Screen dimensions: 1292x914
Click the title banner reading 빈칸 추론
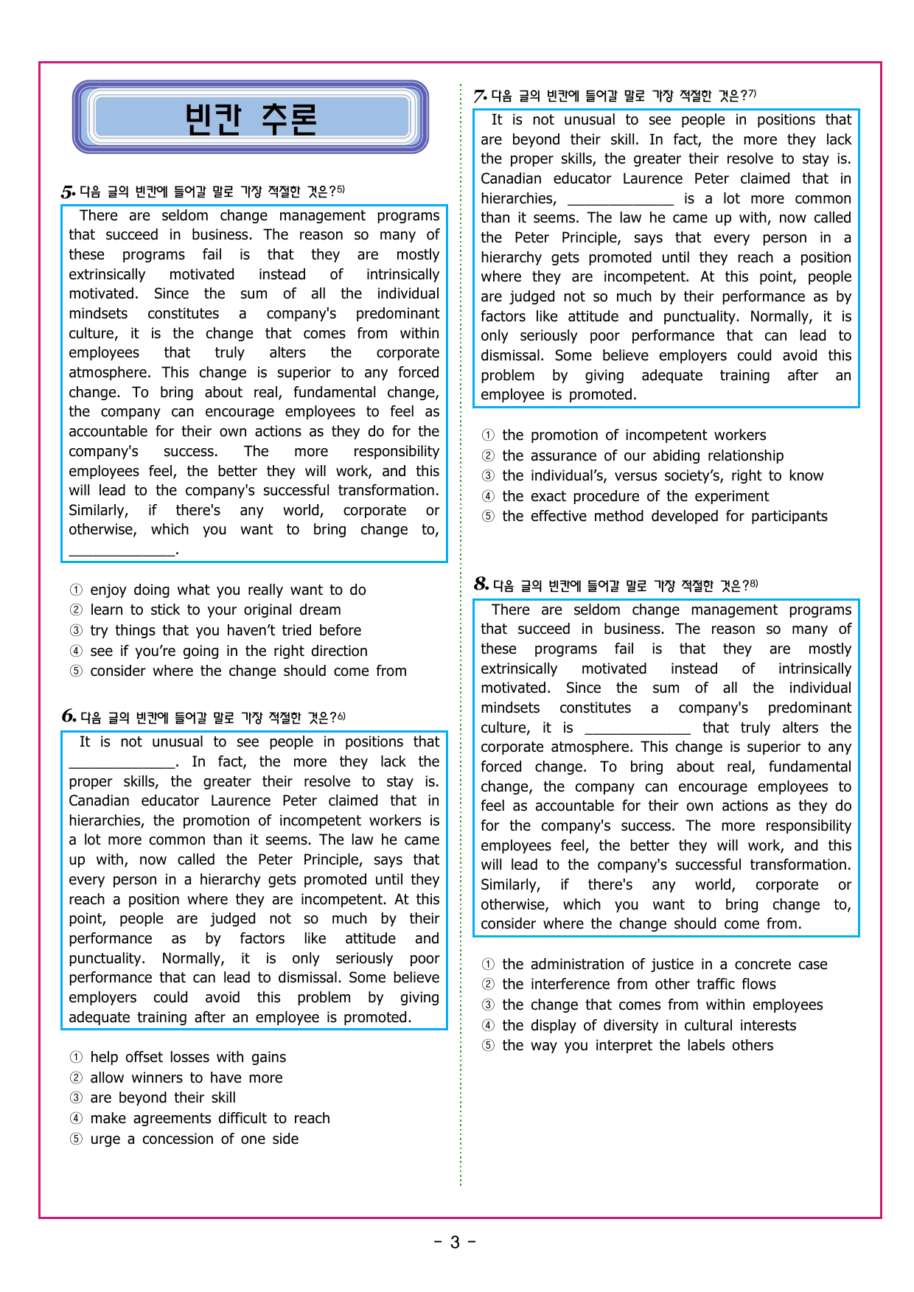tap(251, 118)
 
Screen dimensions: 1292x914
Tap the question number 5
tap(68, 192)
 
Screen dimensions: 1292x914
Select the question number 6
tap(69, 716)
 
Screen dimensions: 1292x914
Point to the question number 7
tap(480, 96)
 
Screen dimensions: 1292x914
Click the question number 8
tap(481, 584)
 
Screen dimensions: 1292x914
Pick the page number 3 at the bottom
tap(455, 1243)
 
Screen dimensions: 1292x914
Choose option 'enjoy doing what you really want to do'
tap(228, 590)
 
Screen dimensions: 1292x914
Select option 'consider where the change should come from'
tap(248, 671)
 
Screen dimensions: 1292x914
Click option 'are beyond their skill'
tap(163, 1097)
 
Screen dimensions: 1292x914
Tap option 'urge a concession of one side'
tap(194, 1139)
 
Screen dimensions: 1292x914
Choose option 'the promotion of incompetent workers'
tap(634, 435)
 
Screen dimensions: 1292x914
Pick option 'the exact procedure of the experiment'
tap(635, 496)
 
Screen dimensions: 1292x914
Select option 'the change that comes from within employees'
tap(662, 1005)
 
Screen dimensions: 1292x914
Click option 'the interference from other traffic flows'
tap(638, 984)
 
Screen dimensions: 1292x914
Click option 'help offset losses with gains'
tap(188, 1057)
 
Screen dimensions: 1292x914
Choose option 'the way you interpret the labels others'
tap(638, 1045)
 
